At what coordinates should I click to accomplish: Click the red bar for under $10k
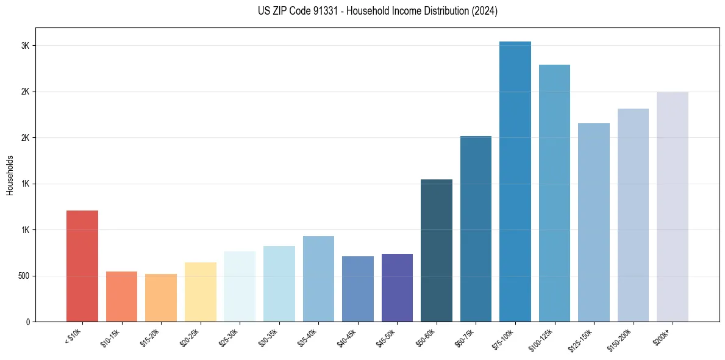[82, 266]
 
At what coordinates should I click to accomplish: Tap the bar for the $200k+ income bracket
[673, 207]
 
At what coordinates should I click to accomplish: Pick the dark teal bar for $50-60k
[436, 251]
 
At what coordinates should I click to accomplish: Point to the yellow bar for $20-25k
[200, 292]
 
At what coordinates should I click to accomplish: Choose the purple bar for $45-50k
[397, 287]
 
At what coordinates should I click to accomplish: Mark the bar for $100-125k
[554, 193]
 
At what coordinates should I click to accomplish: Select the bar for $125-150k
[593, 223]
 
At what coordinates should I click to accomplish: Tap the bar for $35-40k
[318, 279]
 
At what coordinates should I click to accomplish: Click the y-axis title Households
[10, 175]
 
